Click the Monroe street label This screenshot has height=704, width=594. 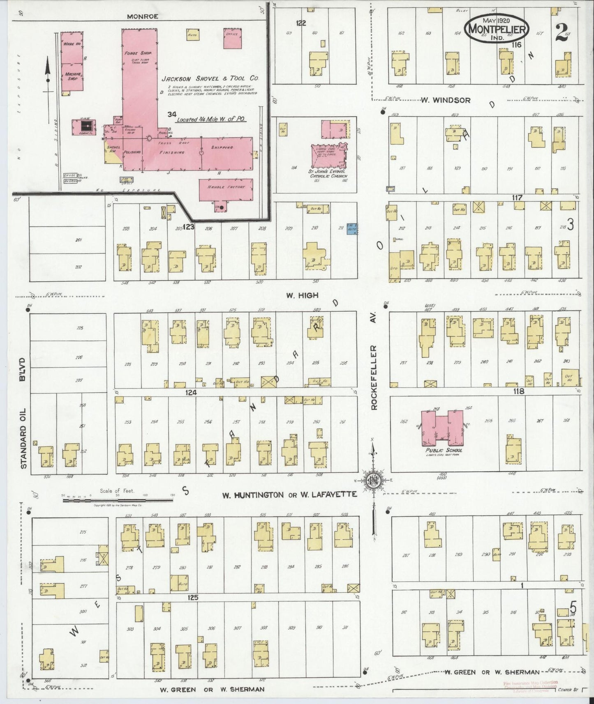click(142, 17)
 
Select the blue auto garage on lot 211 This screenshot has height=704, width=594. click(352, 228)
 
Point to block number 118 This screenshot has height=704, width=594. click(519, 391)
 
